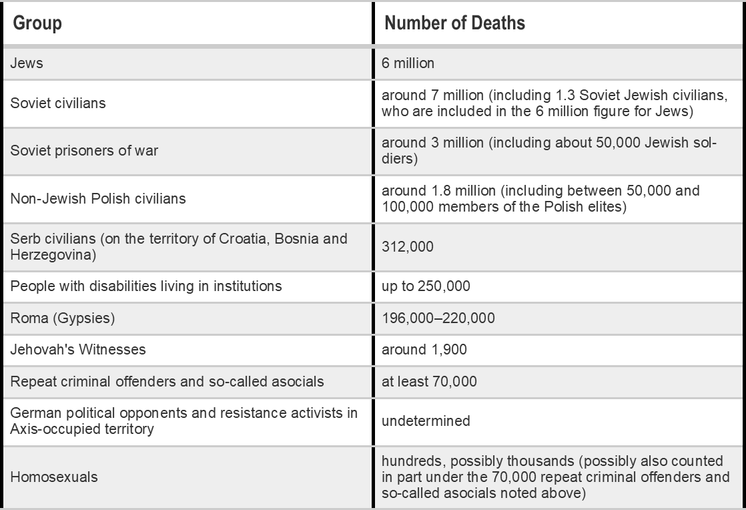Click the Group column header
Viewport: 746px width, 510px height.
38,23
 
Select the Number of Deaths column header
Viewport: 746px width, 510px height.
455,23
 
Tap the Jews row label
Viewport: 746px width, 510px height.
27,63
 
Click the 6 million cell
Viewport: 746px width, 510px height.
408,63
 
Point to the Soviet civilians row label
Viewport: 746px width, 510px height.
58,103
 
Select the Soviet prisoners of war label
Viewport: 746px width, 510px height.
84,151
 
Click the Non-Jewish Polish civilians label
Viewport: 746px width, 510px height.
97,198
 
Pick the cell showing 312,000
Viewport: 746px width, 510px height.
407,247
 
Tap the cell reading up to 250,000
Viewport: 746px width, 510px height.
426,287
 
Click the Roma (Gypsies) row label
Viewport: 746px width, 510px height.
63,318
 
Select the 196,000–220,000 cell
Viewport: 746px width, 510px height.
438,318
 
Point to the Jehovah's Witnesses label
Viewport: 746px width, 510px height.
78,350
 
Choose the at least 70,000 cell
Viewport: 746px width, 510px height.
429,382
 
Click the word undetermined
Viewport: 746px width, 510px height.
426,421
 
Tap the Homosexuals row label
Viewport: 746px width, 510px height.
54,477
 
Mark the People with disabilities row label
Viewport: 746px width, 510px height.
146,287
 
